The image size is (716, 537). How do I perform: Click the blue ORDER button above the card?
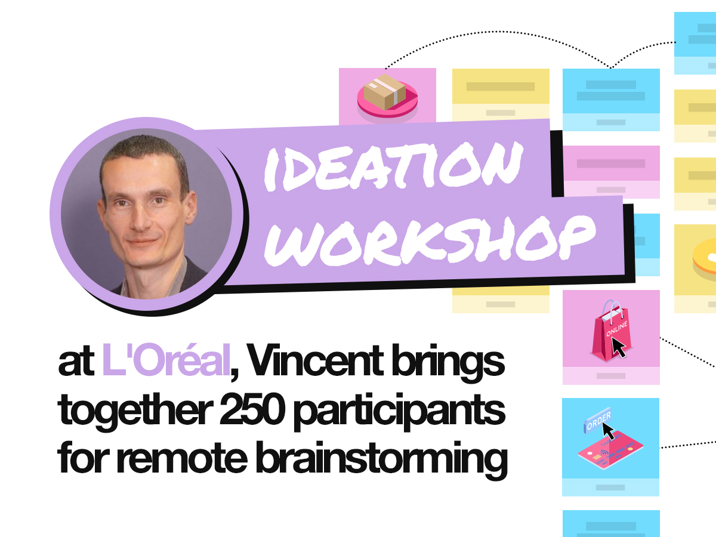[598, 423]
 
